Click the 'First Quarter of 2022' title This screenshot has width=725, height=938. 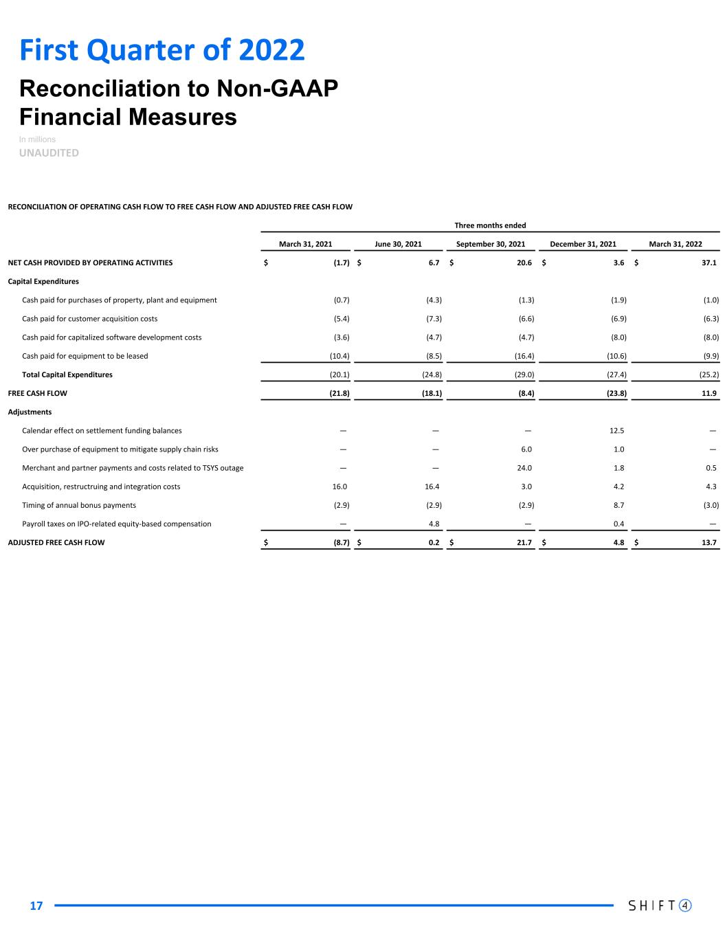pos(162,50)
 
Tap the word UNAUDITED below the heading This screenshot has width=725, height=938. pos(49,153)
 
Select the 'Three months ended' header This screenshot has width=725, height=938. pos(490,225)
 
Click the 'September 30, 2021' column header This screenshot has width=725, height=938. pos(490,244)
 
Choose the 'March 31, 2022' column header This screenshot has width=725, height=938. pos(676,244)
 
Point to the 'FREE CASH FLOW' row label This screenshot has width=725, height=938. pos(38,393)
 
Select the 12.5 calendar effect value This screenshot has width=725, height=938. pos(617,431)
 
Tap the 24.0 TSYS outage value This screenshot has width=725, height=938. pos(525,468)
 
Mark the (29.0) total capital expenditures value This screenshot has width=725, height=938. pos(524,375)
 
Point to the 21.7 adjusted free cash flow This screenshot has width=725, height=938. pos(524,542)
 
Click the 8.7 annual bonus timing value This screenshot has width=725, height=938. pos(618,505)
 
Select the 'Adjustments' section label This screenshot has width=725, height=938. pos(30,412)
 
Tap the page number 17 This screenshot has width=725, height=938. pos(36,906)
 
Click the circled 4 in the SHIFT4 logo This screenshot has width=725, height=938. pos(684,905)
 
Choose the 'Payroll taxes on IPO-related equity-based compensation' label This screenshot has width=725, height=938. pos(117,524)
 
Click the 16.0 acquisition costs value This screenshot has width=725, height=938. pos(340,487)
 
